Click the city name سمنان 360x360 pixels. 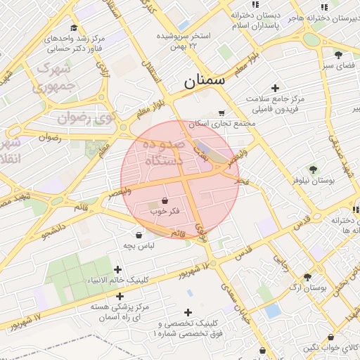click(x=205, y=81)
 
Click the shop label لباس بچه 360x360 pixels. click(x=139, y=246)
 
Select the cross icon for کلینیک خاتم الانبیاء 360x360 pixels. click(x=117, y=269)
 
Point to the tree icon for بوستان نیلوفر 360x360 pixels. click(x=313, y=169)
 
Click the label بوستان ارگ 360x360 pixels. click(x=307, y=289)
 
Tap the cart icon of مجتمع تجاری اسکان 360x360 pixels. click(x=221, y=112)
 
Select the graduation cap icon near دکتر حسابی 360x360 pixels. click(x=73, y=27)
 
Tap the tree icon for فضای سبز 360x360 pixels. click(x=338, y=54)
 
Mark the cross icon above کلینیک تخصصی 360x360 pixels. click(x=188, y=312)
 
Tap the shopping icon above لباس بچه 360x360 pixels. click(x=139, y=236)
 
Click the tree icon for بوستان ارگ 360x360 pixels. click(x=307, y=278)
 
